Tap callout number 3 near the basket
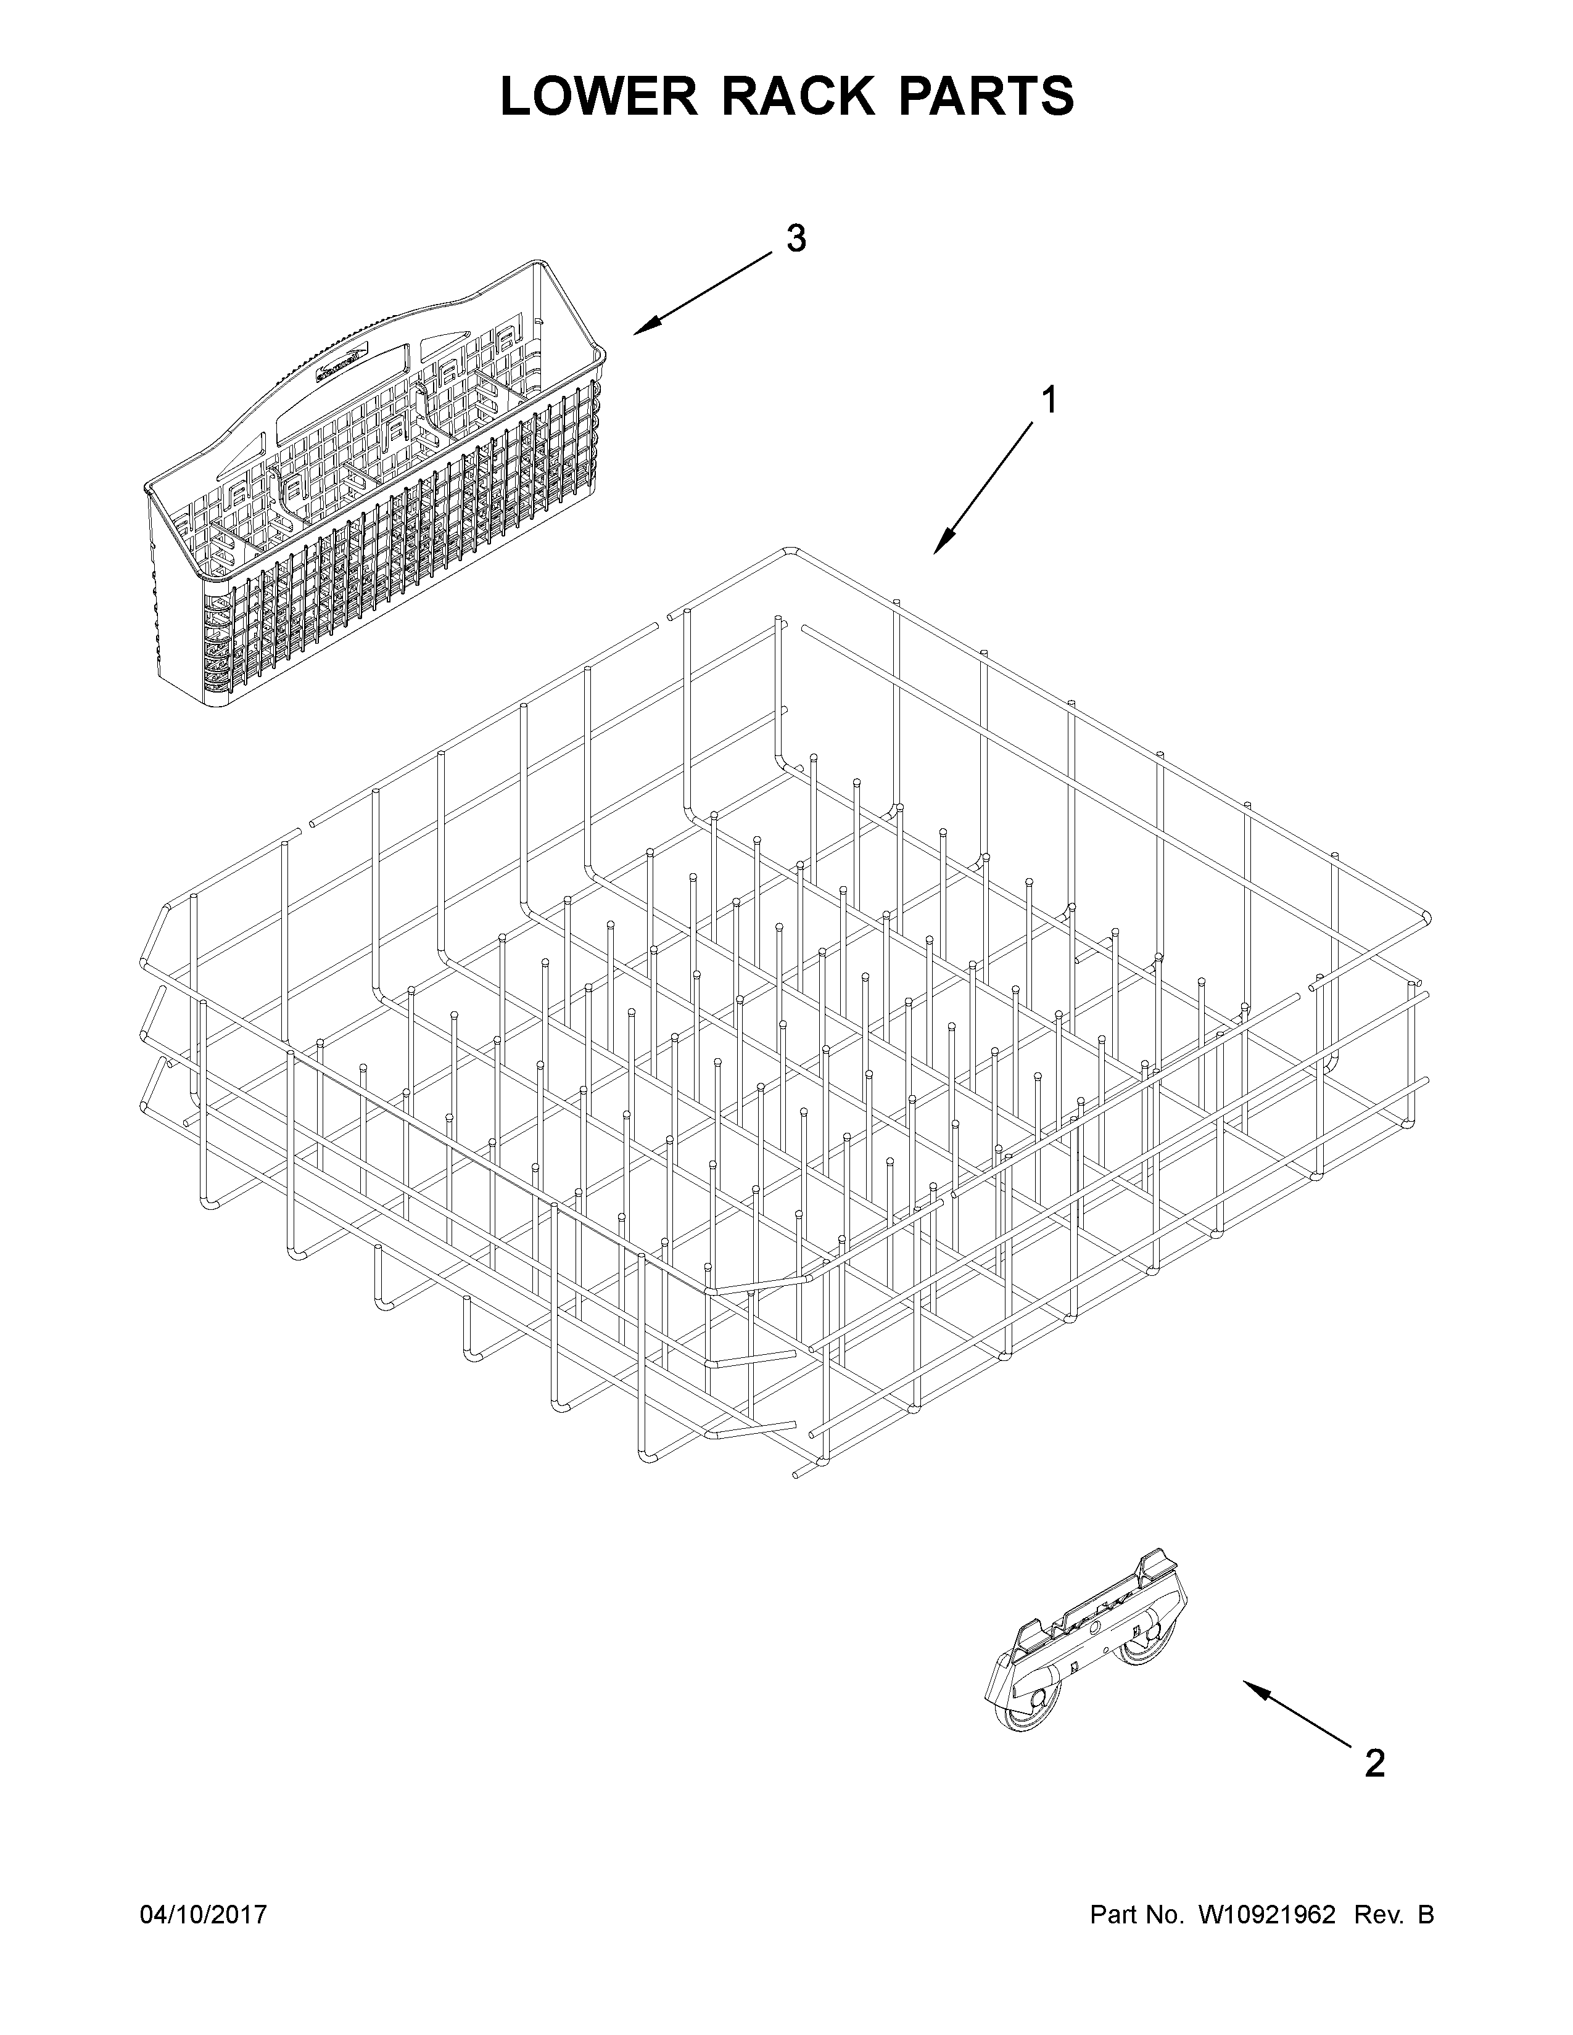795,239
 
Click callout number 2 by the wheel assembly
1374,1763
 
